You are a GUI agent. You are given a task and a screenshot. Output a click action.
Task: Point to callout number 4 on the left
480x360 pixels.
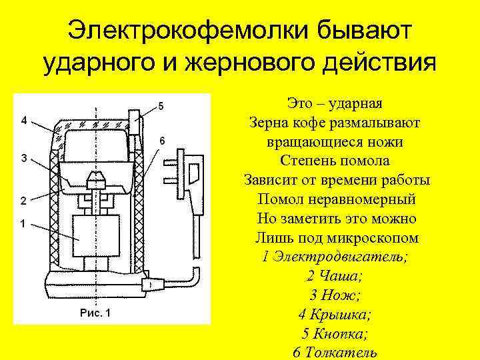pos(23,121)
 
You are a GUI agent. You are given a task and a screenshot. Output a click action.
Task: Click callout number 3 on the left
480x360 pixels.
pos(23,158)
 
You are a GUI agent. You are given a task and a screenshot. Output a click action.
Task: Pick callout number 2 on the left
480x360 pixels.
pos(23,200)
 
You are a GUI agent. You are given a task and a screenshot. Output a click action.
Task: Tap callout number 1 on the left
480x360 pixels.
pos(23,224)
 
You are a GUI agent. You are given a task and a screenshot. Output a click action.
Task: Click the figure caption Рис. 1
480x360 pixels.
pos(95,312)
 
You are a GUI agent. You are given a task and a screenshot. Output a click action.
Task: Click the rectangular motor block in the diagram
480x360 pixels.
pos(97,237)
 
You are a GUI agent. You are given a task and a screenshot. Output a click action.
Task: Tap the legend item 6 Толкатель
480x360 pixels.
pos(334,352)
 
